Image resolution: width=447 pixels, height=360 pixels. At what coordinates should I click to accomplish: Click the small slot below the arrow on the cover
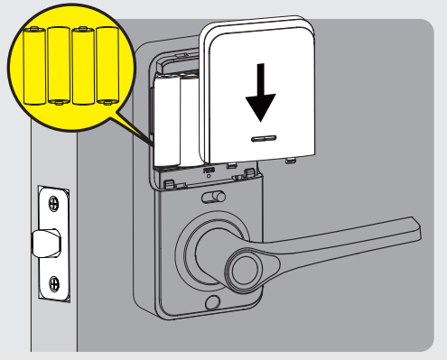262,140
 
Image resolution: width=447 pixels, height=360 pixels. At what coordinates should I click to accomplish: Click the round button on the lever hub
244,268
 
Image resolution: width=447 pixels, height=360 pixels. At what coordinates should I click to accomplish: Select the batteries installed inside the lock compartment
176,122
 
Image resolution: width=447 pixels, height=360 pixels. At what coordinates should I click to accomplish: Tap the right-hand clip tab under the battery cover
291,162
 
